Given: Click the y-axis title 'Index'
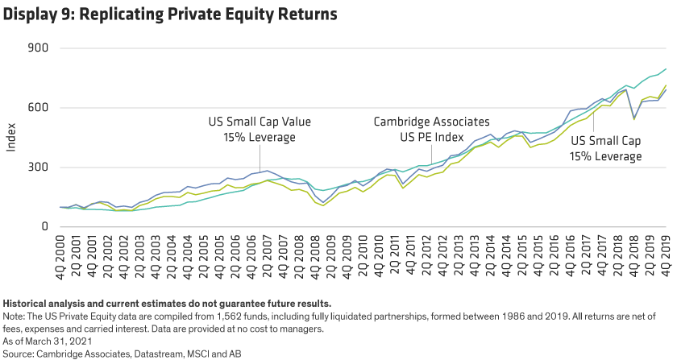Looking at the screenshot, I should coord(10,138).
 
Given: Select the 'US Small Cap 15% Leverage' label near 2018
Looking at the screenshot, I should coord(606,148).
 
